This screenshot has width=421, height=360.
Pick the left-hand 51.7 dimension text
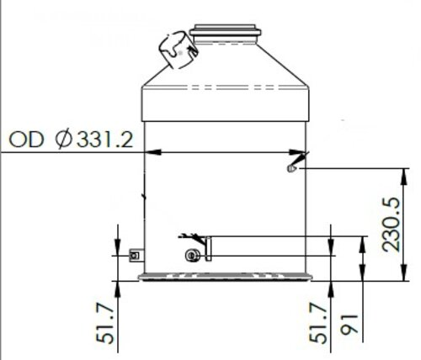(x=108, y=326)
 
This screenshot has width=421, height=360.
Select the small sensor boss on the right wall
(x=291, y=169)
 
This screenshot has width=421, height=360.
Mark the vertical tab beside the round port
(x=210, y=248)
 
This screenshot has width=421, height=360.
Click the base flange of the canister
(x=226, y=275)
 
